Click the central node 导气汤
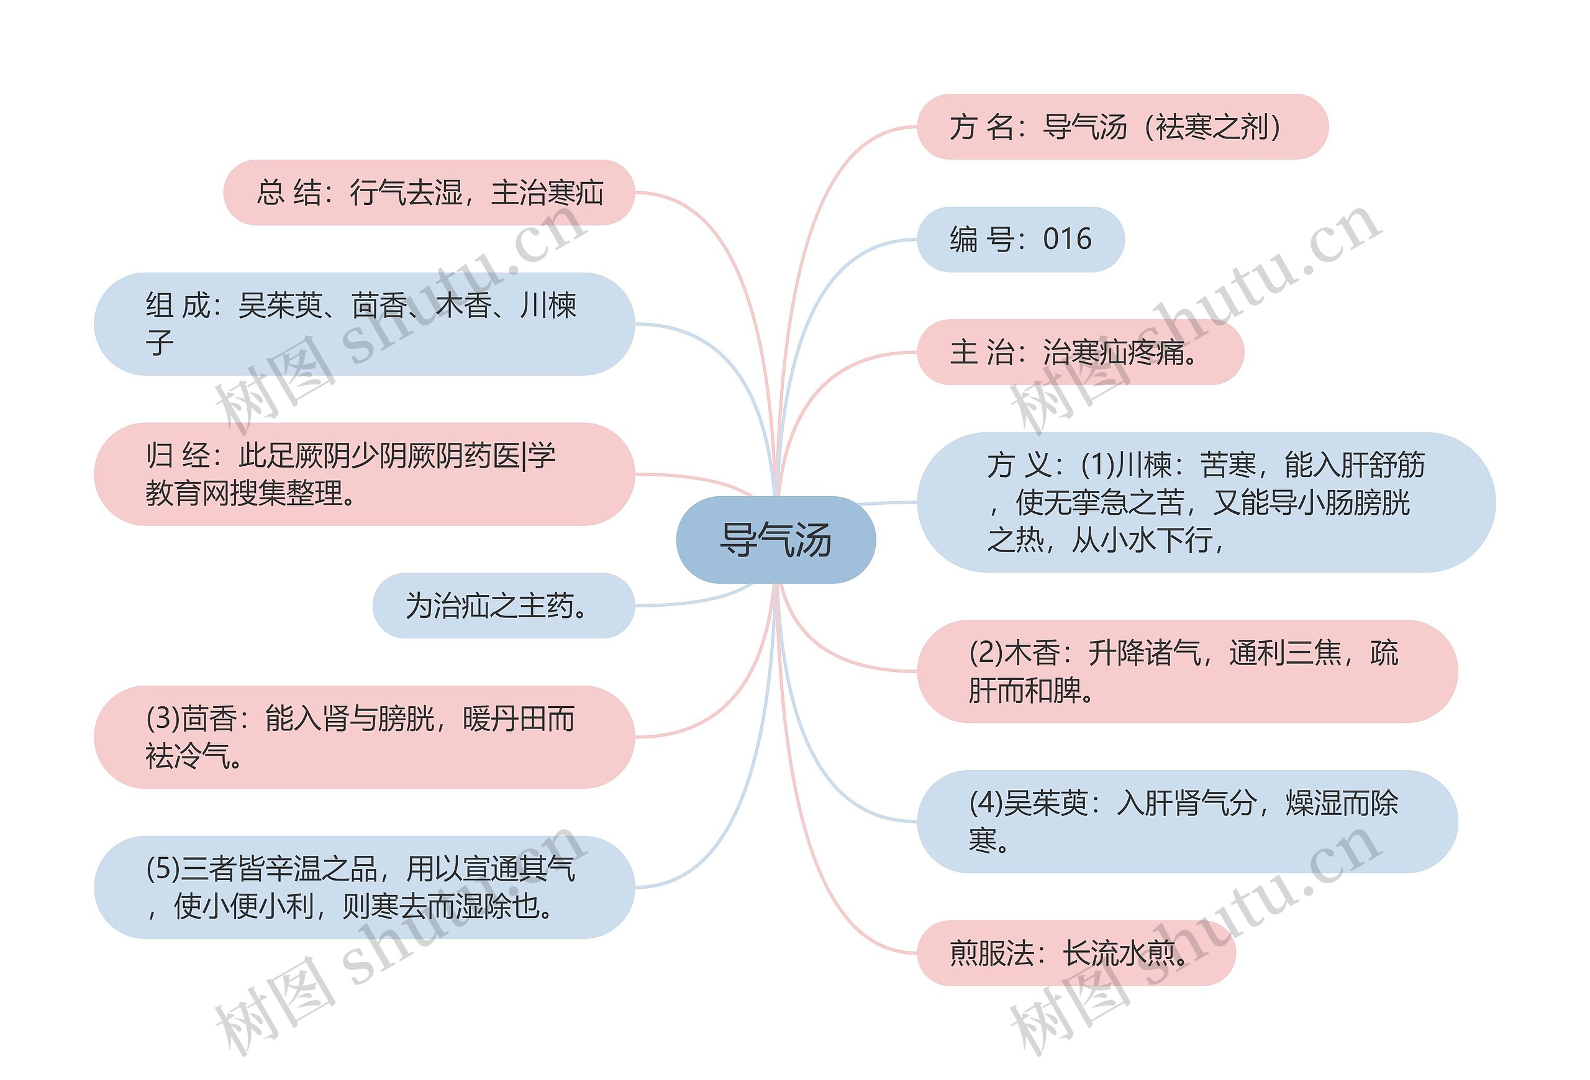(775, 540)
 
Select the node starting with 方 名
(1122, 127)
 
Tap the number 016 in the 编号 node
(1067, 238)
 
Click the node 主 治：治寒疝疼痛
(1079, 352)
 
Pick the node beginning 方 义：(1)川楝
(1206, 502)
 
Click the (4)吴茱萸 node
(1187, 822)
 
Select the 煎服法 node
(1076, 953)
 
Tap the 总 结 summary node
(429, 192)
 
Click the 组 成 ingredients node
(364, 324)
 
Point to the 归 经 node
(364, 474)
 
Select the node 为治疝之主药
(504, 606)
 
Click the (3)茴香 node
(364, 737)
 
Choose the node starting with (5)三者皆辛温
(364, 887)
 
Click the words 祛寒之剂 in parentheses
(1212, 127)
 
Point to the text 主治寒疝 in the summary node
(547, 192)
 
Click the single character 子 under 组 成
(160, 343)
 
